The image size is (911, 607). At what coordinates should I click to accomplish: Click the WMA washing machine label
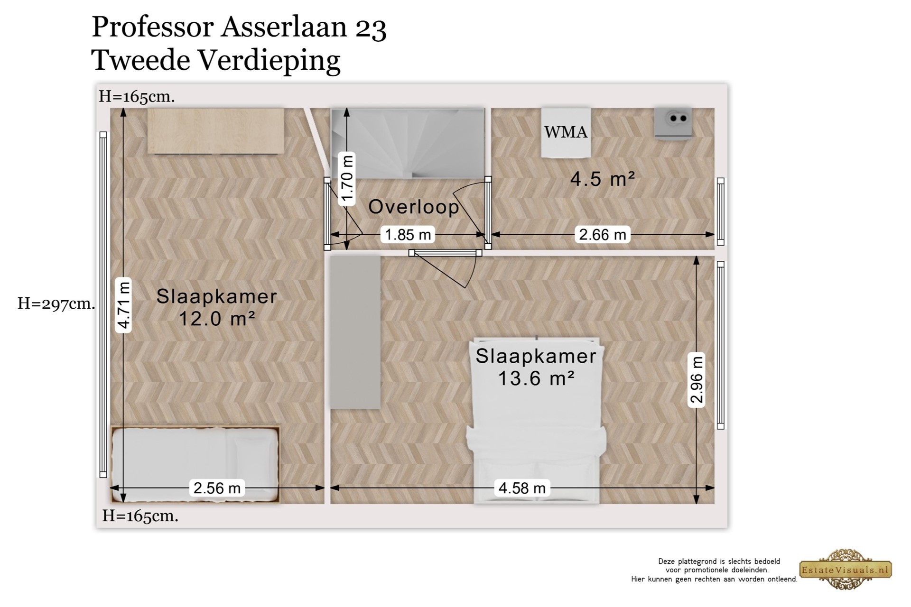566,132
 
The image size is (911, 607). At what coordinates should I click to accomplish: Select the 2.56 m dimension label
217,487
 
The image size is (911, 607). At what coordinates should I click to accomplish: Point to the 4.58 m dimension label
522,487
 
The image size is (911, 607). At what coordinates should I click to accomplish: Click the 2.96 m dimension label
697,380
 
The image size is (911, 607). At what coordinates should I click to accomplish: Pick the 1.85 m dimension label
408,234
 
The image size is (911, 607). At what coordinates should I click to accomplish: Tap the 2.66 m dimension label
603,234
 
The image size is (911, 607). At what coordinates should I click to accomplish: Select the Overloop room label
414,207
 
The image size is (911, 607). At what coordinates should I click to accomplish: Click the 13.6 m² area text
536,378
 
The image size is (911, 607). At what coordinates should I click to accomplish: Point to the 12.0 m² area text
217,318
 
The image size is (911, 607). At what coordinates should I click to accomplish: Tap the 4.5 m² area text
603,179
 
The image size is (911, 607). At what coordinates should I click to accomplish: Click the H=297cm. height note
56,303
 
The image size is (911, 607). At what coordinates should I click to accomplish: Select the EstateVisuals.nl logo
846,569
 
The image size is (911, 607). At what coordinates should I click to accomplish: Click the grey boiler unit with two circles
673,122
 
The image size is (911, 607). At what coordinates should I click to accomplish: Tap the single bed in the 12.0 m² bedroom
195,465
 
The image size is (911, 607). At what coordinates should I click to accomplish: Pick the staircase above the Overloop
408,143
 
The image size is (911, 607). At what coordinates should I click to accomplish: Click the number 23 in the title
371,28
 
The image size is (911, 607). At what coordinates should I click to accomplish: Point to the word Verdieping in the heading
269,61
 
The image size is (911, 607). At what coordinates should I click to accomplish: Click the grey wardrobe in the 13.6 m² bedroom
355,332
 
